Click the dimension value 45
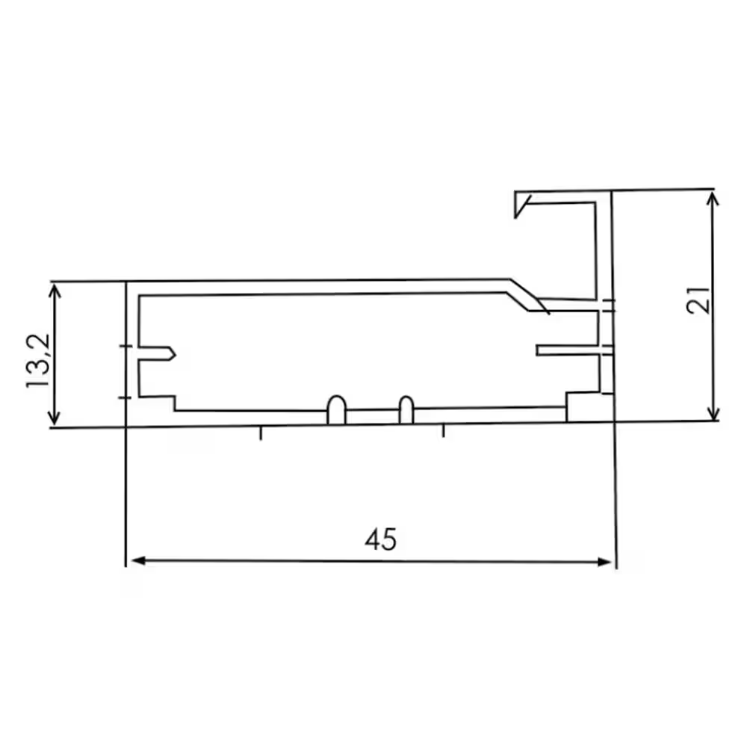point(380,539)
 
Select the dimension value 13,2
point(38,361)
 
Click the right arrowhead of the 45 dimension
point(607,562)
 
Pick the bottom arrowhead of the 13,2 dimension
point(54,420)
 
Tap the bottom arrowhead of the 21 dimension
point(714,414)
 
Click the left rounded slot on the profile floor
point(336,409)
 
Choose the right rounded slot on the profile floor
point(406,409)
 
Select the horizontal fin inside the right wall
point(568,350)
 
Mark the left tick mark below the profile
point(261,433)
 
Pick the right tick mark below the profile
point(444,431)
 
